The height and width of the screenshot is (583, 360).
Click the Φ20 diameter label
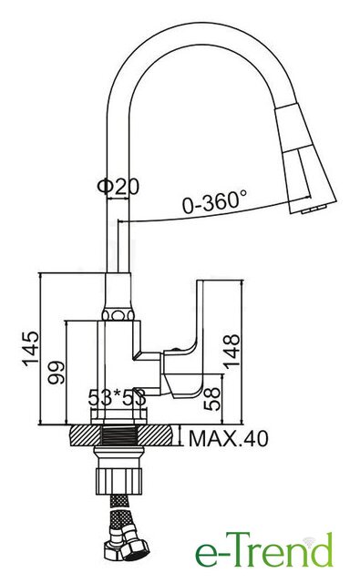[118, 186]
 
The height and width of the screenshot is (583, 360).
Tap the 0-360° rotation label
[214, 202]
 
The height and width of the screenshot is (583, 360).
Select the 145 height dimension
[31, 348]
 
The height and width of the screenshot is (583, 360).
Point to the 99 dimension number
[57, 372]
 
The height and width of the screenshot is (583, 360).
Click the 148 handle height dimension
[232, 352]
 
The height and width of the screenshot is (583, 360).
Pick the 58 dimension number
[212, 399]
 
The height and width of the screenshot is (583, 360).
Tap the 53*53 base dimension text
[117, 398]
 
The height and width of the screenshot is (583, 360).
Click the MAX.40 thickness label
[229, 439]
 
